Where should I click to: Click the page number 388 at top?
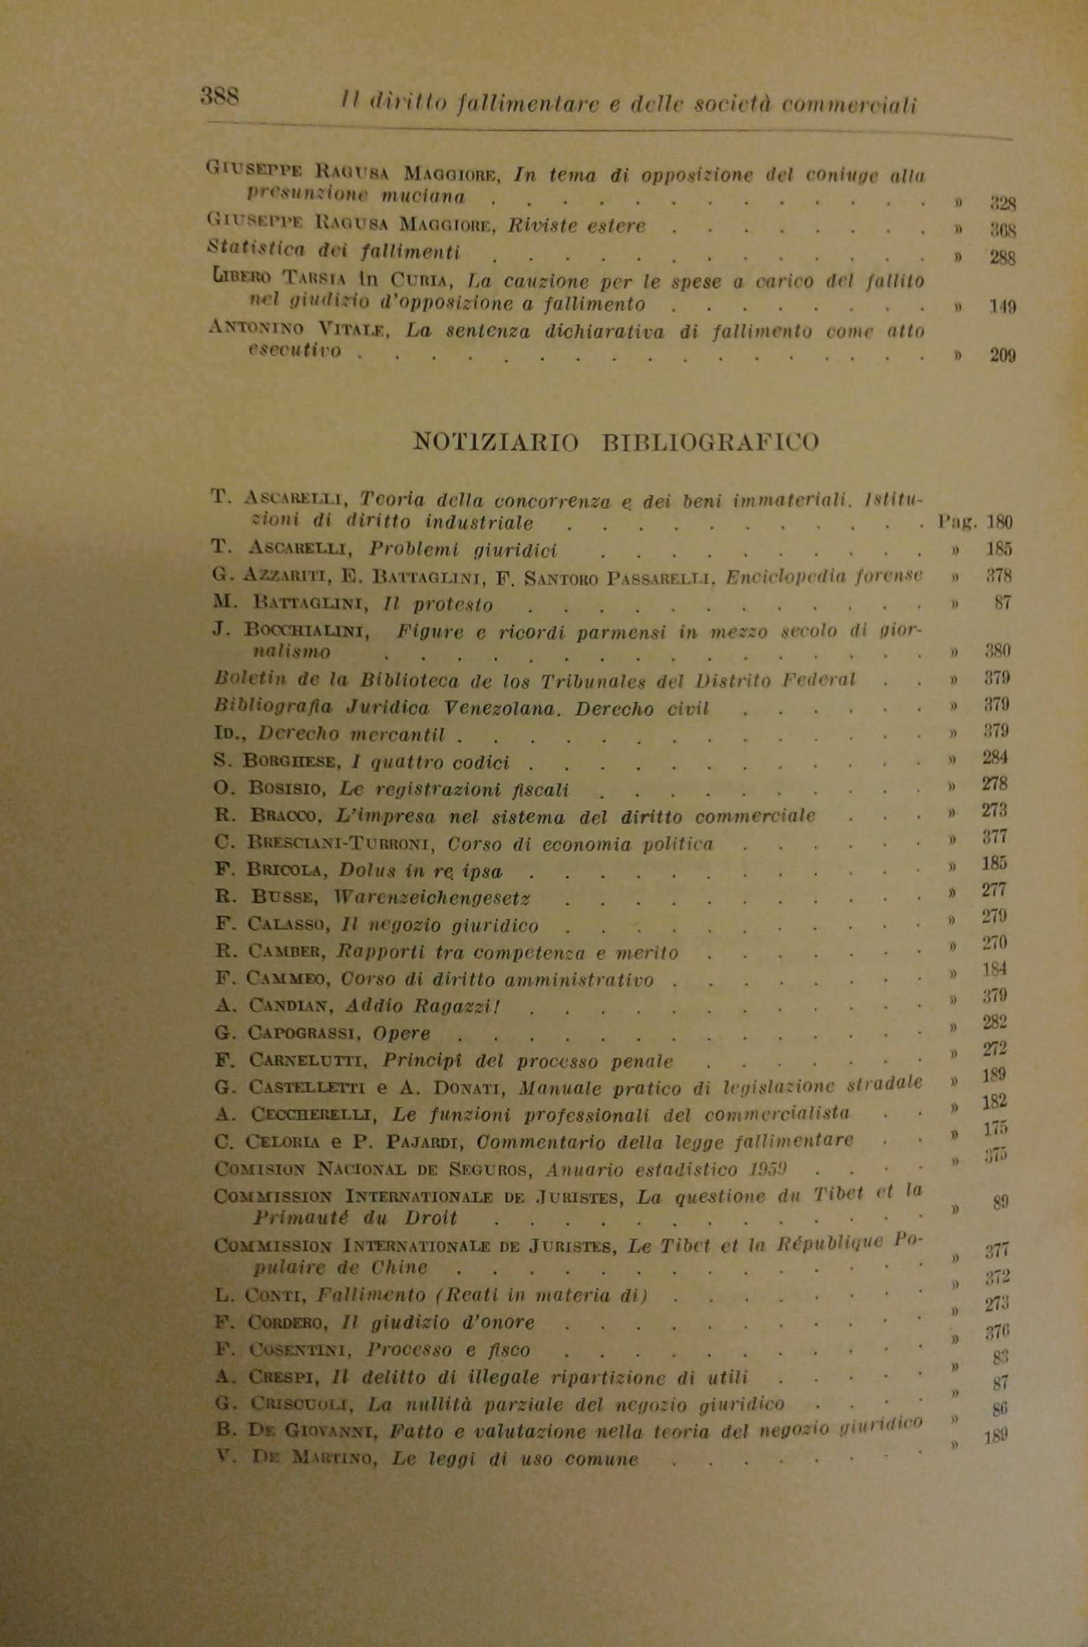click(x=220, y=95)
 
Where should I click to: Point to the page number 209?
click(x=1002, y=357)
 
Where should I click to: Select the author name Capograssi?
click(x=304, y=1032)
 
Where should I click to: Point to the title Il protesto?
click(x=438, y=605)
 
